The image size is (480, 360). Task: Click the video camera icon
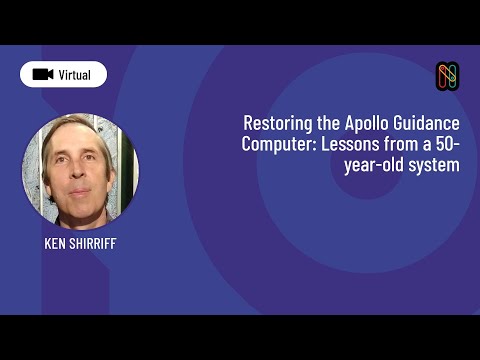pos(42,75)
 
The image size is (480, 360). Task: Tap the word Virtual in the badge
pos(74,75)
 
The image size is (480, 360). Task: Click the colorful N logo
pos(447,75)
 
